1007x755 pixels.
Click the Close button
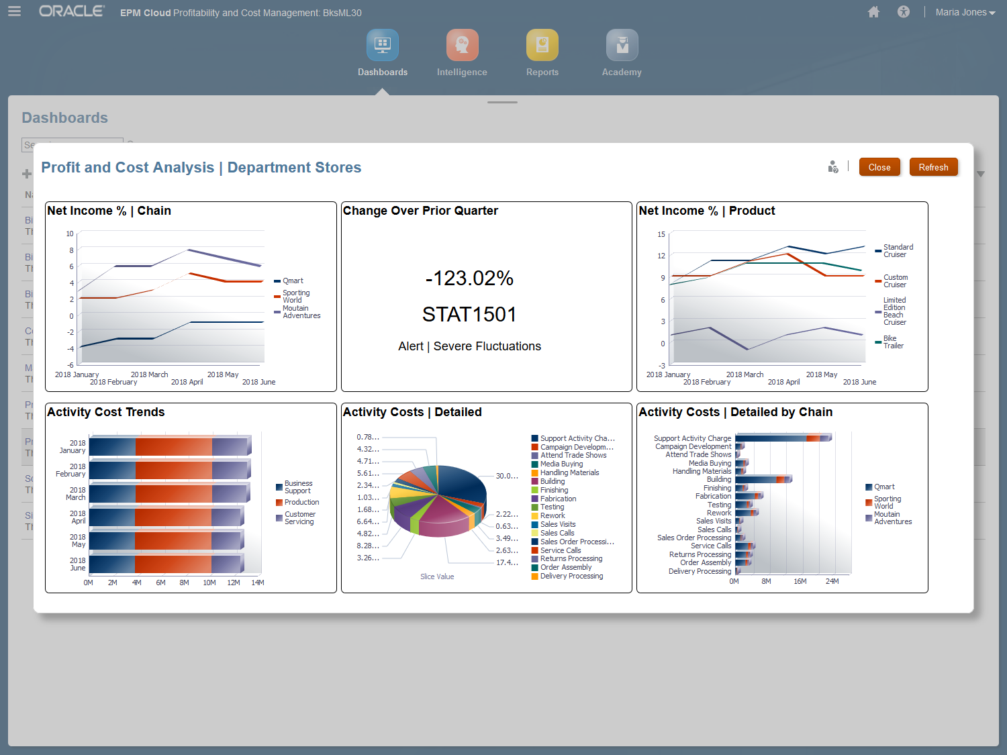tap(879, 167)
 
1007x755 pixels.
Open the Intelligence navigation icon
tap(462, 46)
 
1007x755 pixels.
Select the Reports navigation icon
tap(542, 46)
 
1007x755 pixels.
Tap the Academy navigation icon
tap(622, 46)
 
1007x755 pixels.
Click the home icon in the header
tap(873, 12)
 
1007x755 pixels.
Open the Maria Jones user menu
tap(965, 12)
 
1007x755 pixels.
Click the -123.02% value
tap(469, 278)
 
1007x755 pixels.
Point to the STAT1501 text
tap(469, 314)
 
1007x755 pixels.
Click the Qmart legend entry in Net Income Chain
tap(293, 281)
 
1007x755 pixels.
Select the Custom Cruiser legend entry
tap(895, 281)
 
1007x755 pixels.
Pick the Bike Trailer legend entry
tap(893, 342)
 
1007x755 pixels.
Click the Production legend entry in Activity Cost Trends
tap(301, 502)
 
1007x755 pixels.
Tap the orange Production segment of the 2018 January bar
tap(173, 446)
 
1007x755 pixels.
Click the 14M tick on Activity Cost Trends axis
tap(258, 583)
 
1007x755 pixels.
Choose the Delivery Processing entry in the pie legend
tap(571, 576)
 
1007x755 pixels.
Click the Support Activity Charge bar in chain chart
tap(783, 438)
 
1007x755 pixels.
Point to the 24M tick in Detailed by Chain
tap(832, 581)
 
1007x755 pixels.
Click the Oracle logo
tap(71, 11)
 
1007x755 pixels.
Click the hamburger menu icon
tap(14, 11)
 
